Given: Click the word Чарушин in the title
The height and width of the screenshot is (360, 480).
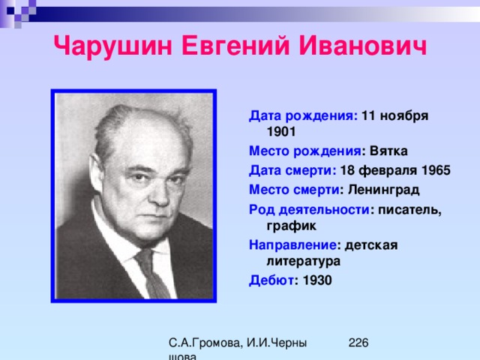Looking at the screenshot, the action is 112,46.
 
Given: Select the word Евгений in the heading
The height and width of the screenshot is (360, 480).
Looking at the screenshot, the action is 235,45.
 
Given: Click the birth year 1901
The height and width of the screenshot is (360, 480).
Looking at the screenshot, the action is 281,132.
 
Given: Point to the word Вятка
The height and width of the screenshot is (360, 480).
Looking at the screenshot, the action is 388,151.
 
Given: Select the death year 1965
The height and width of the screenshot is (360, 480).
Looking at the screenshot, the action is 436,170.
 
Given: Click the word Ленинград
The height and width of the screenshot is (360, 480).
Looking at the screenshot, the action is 383,190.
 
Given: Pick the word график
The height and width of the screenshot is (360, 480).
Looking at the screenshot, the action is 292,226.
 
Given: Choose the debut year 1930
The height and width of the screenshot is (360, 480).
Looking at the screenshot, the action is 317,280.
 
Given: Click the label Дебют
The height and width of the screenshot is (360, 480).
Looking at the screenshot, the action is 271,280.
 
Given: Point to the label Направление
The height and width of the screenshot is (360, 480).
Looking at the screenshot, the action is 293,245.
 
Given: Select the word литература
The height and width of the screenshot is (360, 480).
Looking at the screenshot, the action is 304,262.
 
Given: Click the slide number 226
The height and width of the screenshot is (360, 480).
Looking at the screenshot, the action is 358,343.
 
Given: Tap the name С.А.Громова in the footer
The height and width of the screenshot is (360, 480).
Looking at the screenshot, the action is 205,343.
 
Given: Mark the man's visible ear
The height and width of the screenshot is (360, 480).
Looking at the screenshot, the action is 97,173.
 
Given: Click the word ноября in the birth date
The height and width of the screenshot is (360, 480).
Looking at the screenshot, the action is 404,116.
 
